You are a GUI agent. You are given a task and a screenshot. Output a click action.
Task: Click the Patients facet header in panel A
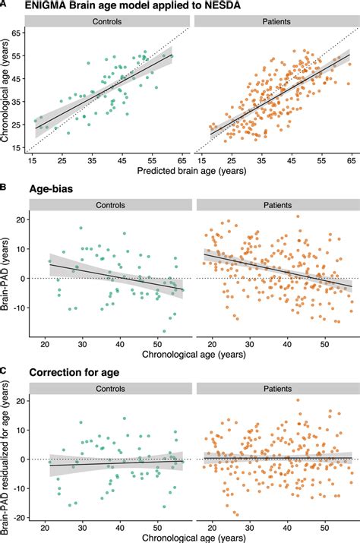273,21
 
